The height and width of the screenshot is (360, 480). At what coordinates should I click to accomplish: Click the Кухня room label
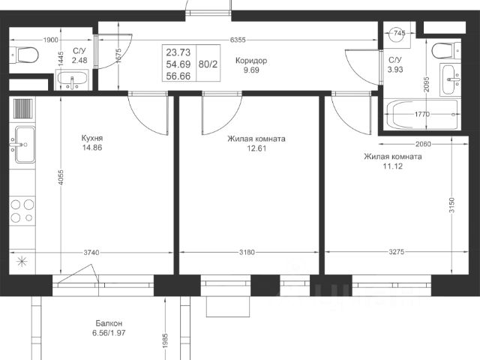click(x=92, y=138)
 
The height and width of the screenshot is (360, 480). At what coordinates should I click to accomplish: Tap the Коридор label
click(x=251, y=61)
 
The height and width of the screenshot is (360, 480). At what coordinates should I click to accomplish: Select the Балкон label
click(x=109, y=323)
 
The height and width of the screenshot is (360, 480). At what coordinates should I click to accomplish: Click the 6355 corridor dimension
click(x=238, y=40)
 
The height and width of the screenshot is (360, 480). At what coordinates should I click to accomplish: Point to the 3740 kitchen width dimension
click(x=91, y=253)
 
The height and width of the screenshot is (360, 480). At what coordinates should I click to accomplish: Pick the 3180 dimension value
click(x=247, y=253)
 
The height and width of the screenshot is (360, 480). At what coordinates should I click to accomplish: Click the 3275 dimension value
click(x=397, y=252)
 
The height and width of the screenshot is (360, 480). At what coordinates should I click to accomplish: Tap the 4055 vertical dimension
click(x=61, y=178)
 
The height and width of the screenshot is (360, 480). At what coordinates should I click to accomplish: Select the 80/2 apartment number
click(x=208, y=64)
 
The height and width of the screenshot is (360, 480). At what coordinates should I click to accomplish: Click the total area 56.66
click(x=178, y=76)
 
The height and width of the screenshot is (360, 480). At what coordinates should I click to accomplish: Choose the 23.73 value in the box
click(x=178, y=52)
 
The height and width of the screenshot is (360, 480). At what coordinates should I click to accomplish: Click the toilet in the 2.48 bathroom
click(x=24, y=55)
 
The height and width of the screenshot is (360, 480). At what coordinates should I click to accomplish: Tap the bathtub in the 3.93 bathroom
click(x=422, y=115)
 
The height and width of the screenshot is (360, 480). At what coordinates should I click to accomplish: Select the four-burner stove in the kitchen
click(x=22, y=211)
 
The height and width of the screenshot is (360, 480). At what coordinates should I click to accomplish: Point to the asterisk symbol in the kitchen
click(x=22, y=262)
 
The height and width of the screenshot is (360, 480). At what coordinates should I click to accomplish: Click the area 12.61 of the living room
click(x=256, y=148)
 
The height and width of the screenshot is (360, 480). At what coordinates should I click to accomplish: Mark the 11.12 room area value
click(x=393, y=166)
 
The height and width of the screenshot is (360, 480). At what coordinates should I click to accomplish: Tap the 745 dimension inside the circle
click(x=400, y=33)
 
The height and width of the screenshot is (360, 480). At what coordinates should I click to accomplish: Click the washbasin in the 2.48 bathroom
click(x=72, y=80)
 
